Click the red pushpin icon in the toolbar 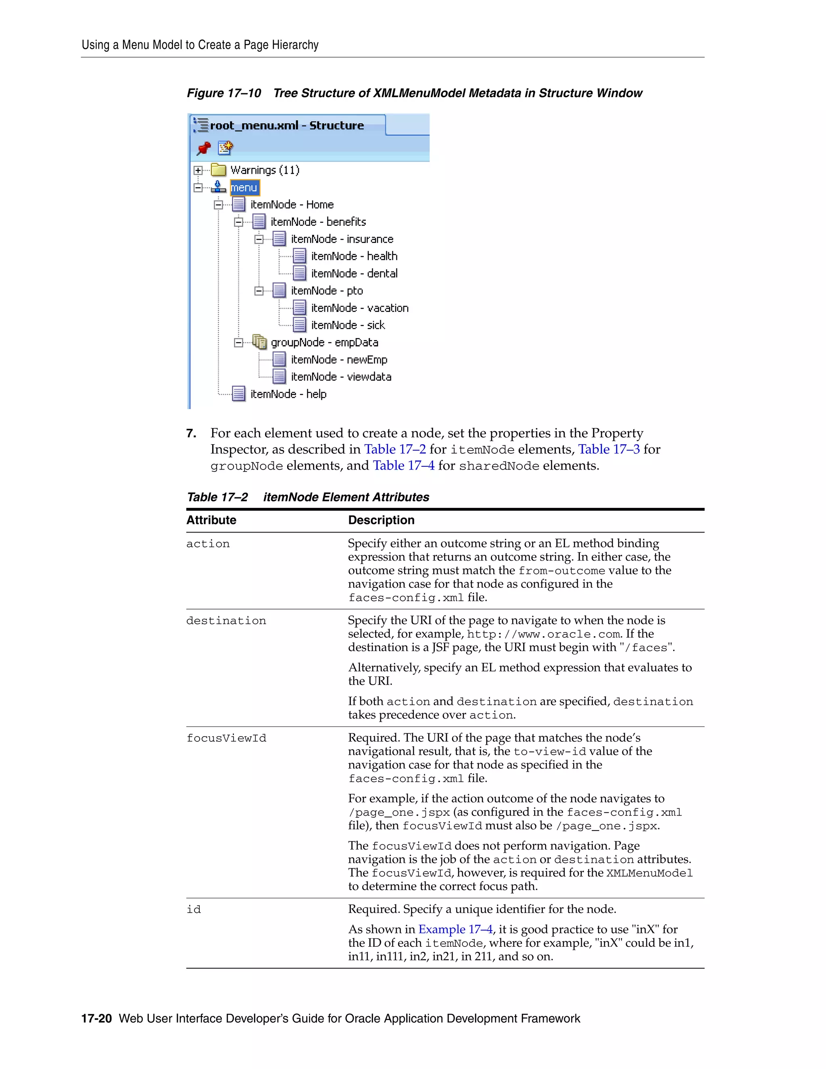click(x=204, y=148)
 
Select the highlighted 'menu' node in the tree click(x=244, y=188)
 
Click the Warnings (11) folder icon click(x=218, y=170)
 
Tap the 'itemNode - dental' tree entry click(x=354, y=273)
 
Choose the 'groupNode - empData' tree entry click(x=324, y=342)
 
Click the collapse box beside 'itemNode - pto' click(x=259, y=291)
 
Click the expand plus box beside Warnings click(x=198, y=170)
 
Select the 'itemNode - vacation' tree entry click(x=359, y=308)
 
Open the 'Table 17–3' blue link click(x=609, y=449)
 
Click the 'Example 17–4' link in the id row click(x=455, y=929)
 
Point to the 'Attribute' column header click(x=211, y=520)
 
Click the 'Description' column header click(x=381, y=520)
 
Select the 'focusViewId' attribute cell click(x=226, y=738)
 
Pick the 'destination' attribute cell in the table click(x=226, y=621)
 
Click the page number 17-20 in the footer click(x=96, y=1018)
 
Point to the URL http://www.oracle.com click(x=544, y=635)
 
